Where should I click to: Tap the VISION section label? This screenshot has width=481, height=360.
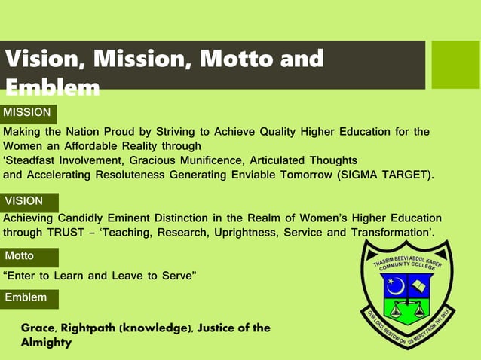28,201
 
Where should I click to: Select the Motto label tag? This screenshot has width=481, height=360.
28,256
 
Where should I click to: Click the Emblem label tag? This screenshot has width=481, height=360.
28,298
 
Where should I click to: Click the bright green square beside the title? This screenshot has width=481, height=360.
455,64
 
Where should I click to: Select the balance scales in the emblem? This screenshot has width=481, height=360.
407,309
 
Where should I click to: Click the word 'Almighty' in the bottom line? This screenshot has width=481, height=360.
46,343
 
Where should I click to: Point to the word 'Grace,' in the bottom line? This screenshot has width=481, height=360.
38,328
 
